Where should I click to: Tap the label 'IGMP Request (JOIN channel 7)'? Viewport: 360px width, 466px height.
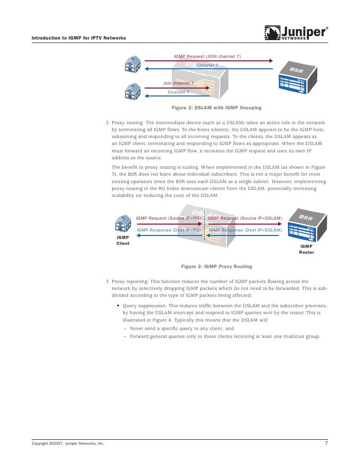(207, 56)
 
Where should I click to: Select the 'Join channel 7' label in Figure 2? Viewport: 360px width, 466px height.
(179, 83)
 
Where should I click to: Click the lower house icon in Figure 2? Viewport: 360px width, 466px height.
(133, 92)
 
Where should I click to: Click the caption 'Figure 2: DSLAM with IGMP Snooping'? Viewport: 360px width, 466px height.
(216, 107)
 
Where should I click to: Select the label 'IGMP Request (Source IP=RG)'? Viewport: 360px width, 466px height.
(168, 218)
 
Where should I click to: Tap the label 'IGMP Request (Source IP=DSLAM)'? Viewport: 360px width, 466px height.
(245, 218)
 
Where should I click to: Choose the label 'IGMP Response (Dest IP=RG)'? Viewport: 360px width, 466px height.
(169, 230)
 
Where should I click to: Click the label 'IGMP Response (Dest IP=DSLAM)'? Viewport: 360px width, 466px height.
(245, 230)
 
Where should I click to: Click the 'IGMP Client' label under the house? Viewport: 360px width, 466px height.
(123, 240)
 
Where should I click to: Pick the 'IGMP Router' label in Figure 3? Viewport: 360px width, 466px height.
(306, 249)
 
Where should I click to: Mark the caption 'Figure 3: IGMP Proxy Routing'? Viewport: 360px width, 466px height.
(216, 266)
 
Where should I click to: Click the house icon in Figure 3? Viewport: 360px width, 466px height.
(123, 225)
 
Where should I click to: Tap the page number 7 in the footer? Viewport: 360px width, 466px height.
(326, 443)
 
